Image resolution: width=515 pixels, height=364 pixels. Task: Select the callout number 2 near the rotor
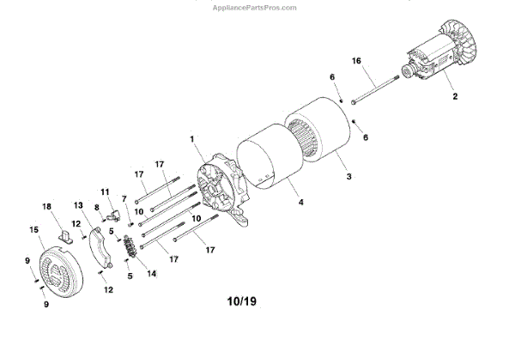456,97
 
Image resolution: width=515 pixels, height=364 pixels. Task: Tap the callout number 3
348,176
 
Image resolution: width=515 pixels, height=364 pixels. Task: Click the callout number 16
357,61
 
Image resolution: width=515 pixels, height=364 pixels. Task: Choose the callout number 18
48,206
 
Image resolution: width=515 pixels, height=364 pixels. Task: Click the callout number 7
124,198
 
